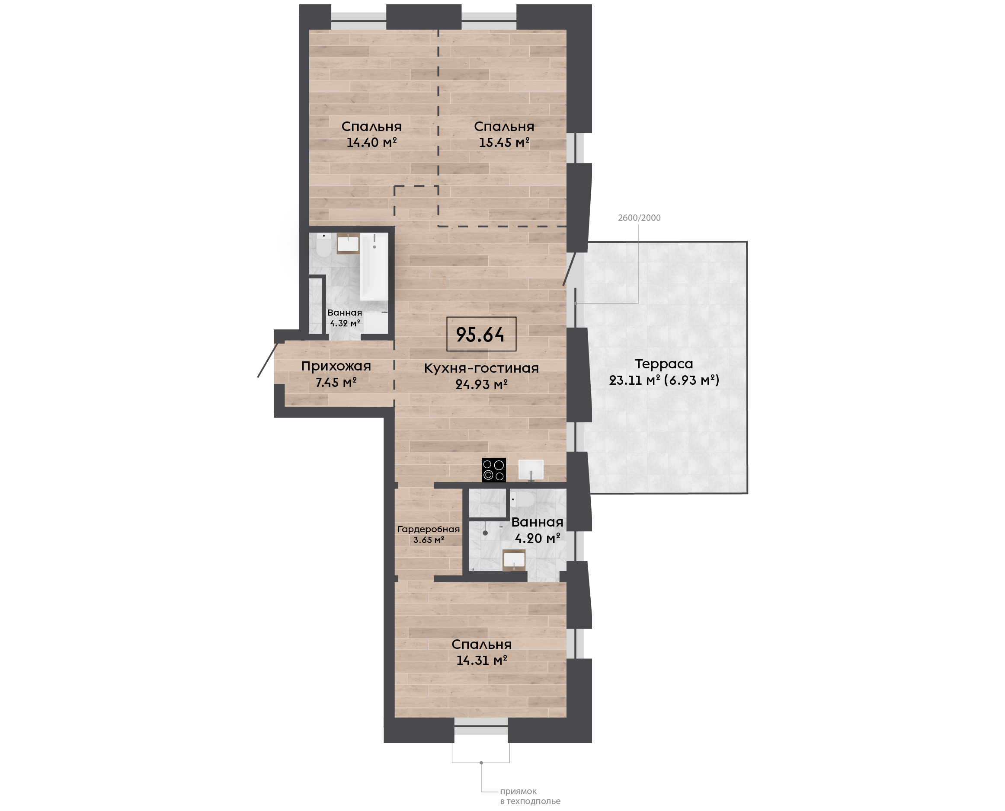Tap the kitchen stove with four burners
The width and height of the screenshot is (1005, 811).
point(494,469)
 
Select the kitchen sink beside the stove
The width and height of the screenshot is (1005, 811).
point(531,470)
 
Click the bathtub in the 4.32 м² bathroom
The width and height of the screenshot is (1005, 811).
point(374,267)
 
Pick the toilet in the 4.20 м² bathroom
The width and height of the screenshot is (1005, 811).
point(522,500)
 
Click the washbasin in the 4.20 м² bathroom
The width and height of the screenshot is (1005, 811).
point(514,560)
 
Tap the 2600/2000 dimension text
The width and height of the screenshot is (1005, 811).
point(639,218)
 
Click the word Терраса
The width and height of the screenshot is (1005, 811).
point(663,364)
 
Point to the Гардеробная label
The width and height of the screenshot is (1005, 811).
point(429,529)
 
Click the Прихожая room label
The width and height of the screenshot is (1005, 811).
point(336,366)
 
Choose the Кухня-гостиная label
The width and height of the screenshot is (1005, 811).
point(481,368)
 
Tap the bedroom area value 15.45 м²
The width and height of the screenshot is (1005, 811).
point(504,142)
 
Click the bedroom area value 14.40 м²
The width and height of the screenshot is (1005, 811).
point(371,142)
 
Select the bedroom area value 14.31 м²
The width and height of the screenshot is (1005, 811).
point(482,660)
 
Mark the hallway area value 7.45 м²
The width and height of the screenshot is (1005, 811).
point(336,383)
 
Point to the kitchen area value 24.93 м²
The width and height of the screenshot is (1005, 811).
point(481,384)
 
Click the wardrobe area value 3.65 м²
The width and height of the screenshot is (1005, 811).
point(429,540)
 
